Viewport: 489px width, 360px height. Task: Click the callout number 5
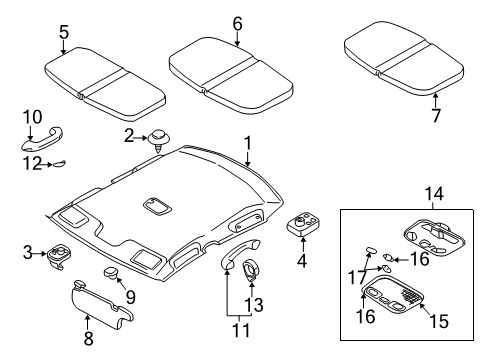pyautogui.click(x=64, y=32)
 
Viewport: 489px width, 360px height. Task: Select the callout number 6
pyautogui.click(x=237, y=24)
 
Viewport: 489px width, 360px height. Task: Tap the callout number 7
pyautogui.click(x=436, y=115)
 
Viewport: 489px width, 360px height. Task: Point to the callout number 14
pyautogui.click(x=434, y=193)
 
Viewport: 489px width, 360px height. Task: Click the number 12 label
pyautogui.click(x=32, y=163)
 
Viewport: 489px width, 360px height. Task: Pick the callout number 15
pyautogui.click(x=439, y=321)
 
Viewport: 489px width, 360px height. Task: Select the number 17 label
pyautogui.click(x=357, y=277)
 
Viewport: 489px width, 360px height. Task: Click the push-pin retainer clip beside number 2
pyautogui.click(x=159, y=139)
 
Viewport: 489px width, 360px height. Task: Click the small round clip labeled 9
pyautogui.click(x=110, y=272)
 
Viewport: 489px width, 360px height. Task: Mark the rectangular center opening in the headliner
pyautogui.click(x=158, y=206)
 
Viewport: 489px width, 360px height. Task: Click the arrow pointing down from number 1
pyautogui.click(x=247, y=158)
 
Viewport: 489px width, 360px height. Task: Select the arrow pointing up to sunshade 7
pyautogui.click(x=435, y=100)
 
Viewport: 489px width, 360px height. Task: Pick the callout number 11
pyautogui.click(x=241, y=330)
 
